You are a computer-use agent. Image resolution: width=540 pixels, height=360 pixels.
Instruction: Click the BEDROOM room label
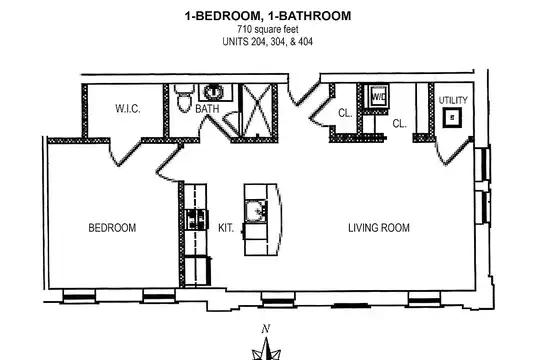[112, 228]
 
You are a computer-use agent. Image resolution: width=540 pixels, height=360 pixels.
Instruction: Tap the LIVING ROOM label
[379, 228]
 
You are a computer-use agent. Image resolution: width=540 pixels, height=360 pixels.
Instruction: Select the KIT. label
[226, 228]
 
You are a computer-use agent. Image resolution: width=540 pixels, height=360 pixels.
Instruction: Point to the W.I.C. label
[128, 109]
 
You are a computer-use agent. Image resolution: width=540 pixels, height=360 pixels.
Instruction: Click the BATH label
[207, 109]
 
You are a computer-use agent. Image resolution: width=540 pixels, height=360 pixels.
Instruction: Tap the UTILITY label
[453, 100]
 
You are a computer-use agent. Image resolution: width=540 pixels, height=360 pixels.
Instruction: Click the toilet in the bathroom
[183, 98]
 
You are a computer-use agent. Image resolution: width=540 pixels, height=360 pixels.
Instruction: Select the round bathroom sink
[214, 92]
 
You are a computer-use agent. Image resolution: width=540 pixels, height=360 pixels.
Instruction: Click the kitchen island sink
[256, 211]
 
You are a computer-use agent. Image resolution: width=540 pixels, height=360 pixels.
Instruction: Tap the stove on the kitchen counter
[197, 219]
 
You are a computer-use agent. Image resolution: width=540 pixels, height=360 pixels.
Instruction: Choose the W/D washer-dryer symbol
[378, 96]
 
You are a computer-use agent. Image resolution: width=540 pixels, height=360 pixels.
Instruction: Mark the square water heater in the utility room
[452, 117]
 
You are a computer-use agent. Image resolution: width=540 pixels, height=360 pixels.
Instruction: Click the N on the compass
[265, 329]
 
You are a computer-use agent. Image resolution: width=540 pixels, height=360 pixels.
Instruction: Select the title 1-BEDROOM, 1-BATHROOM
[268, 16]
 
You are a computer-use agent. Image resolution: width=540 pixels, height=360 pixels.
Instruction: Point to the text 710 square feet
[268, 30]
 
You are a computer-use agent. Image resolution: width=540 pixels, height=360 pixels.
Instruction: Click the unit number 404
[305, 42]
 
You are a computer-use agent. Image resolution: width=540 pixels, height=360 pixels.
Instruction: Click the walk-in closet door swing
[125, 152]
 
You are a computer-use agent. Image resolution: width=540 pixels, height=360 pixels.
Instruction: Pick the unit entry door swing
[303, 92]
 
